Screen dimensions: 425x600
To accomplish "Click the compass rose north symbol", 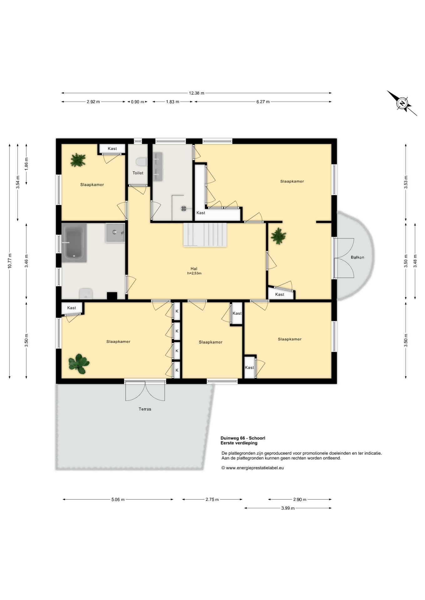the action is [x=402, y=103].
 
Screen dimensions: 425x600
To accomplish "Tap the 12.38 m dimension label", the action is [x=197, y=93].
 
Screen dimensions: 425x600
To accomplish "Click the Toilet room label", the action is [x=138, y=173].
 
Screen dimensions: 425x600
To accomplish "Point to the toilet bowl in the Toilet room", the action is [x=141, y=162].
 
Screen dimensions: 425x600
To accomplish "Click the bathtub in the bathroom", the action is [x=74, y=242].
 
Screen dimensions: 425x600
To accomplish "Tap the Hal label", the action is [x=194, y=268].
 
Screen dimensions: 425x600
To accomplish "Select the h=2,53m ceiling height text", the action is [x=194, y=273].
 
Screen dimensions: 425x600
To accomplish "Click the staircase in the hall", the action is [x=205, y=235].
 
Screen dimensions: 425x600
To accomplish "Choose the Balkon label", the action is [x=357, y=257].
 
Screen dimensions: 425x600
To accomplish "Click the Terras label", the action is [x=145, y=409].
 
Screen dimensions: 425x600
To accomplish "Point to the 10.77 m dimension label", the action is [x=10, y=261].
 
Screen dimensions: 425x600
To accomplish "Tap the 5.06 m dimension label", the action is [x=118, y=499].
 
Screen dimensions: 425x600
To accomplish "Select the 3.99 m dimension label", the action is [x=288, y=508].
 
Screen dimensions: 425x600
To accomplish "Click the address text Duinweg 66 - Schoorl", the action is [x=243, y=438].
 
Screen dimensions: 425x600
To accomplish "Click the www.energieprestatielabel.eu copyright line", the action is [x=253, y=468].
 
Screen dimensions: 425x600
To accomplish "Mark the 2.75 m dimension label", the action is [x=212, y=499].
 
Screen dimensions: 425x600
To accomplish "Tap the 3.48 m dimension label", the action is [x=415, y=261].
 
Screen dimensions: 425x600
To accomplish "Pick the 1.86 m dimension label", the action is [x=27, y=164].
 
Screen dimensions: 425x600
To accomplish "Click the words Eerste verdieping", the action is [x=239, y=443].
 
